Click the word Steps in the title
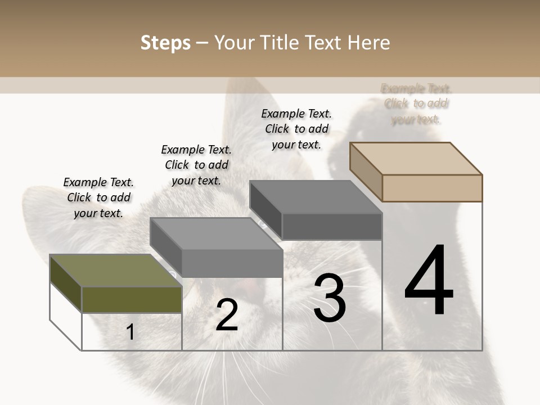click(165, 43)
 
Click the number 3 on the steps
click(330, 298)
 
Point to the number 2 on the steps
click(227, 315)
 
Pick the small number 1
click(130, 332)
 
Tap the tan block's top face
click(416, 158)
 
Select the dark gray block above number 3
click(332, 227)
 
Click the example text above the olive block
click(98, 197)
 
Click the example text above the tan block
click(416, 103)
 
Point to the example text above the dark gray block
click(296, 129)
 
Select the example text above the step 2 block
click(196, 165)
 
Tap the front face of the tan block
click(432, 188)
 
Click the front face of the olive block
click(132, 299)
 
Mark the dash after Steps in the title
click(202, 43)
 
